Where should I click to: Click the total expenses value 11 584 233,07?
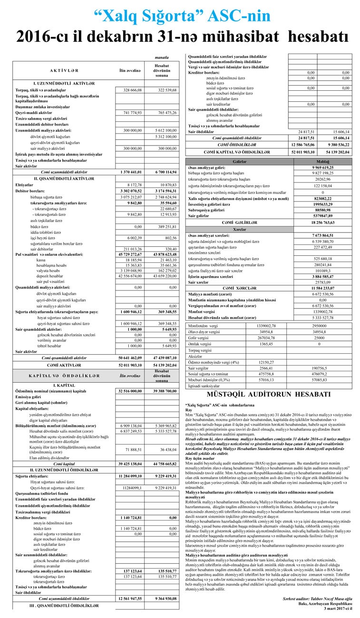pos(328,289)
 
